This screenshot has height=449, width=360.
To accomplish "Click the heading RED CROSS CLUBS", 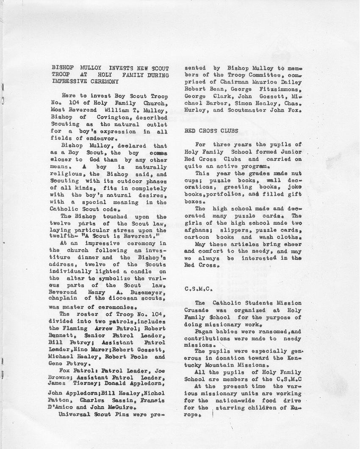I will (211, 131).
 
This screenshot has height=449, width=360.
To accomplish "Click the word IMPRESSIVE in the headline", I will (69, 82).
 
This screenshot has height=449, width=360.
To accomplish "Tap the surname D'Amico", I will (62, 407).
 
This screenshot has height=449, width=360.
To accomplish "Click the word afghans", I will (197, 230).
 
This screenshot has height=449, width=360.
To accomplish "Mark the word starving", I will (233, 408).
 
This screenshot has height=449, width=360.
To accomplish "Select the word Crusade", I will (197, 310).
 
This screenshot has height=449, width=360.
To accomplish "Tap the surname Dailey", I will (291, 82).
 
